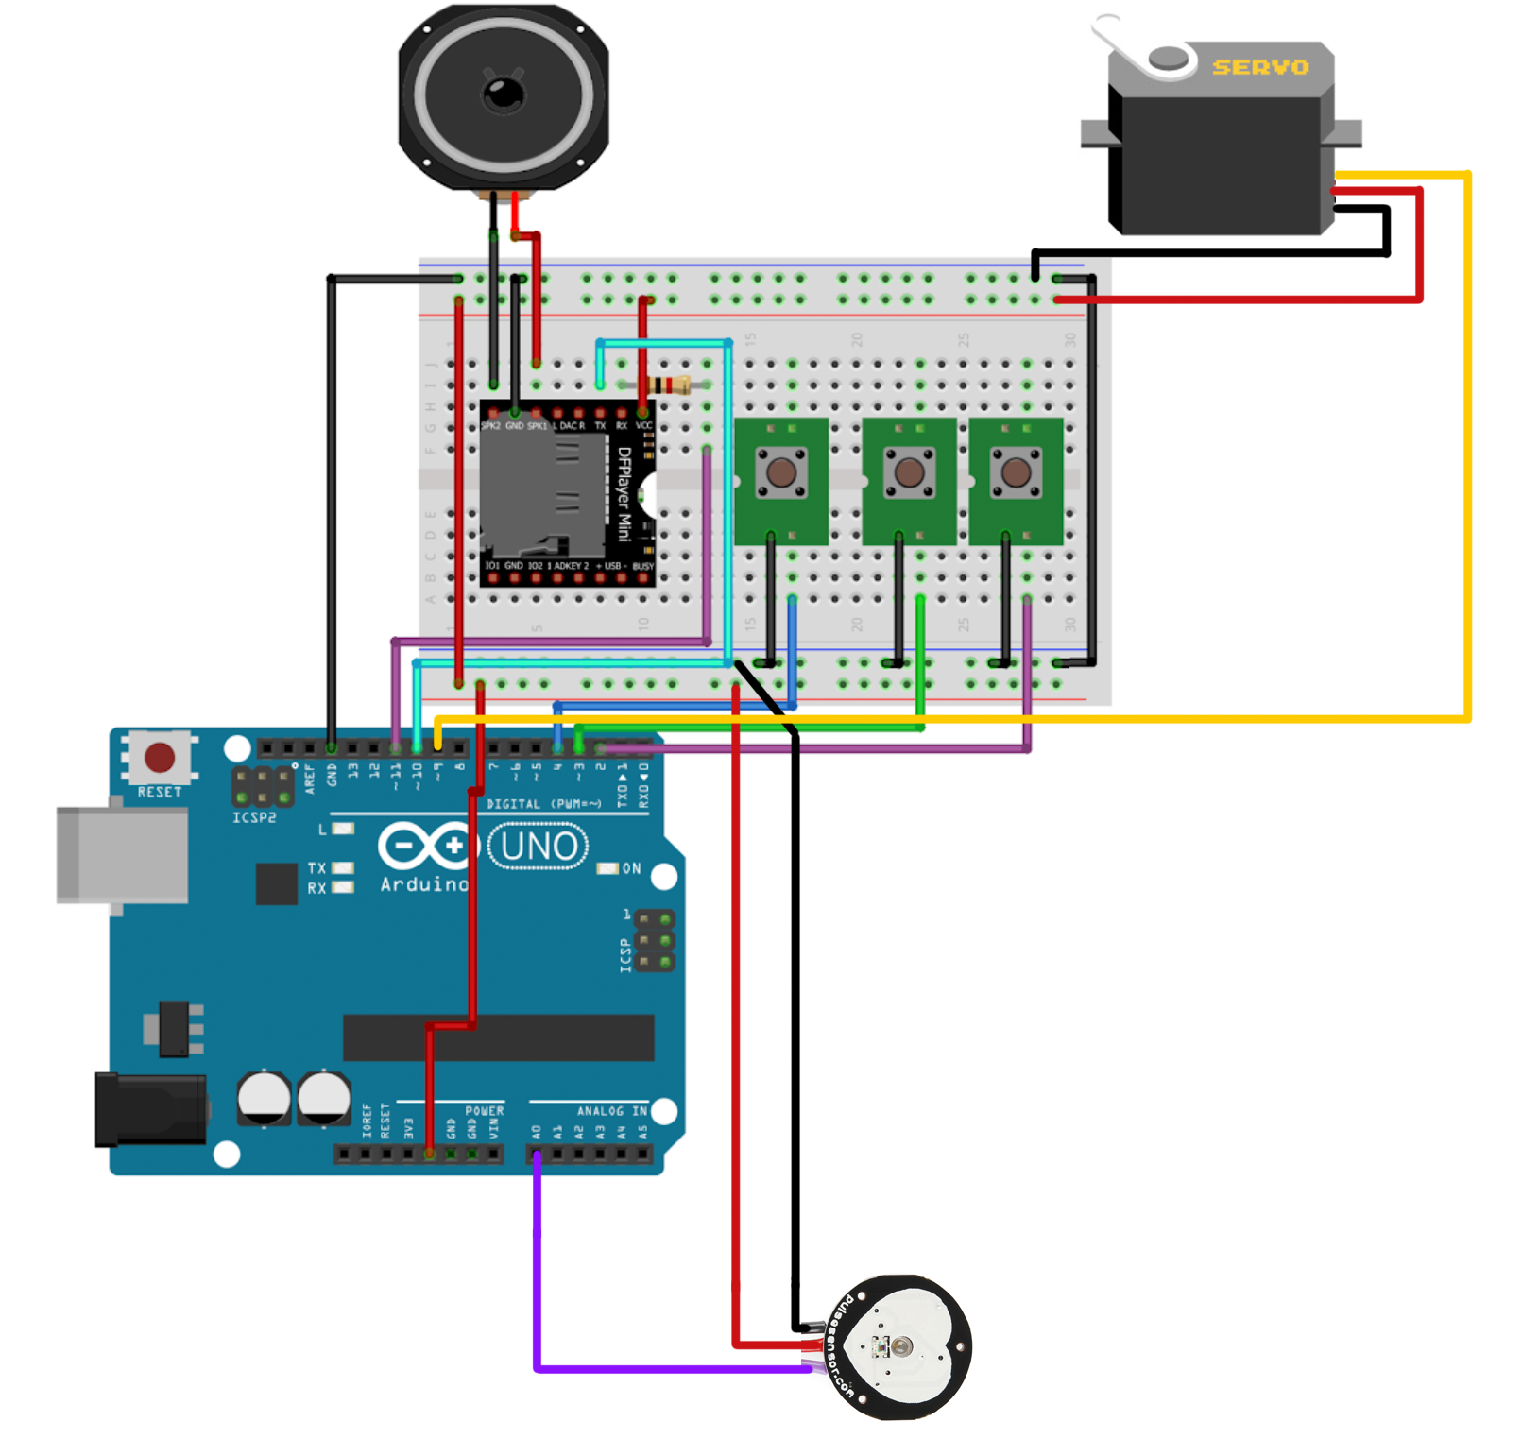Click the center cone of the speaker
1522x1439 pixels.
point(503,94)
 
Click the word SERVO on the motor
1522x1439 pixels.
point(1259,67)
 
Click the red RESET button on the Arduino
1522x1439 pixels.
point(160,757)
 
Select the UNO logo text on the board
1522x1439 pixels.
point(538,846)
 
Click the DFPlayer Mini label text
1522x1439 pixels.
point(624,494)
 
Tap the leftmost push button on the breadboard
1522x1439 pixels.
point(781,471)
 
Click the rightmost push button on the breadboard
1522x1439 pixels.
point(1016,471)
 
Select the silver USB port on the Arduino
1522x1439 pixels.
point(122,855)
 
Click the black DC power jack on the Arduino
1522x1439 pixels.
point(151,1110)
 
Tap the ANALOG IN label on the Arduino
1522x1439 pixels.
point(612,1111)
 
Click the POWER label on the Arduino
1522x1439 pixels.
point(484,1111)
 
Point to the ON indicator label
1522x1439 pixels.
point(631,868)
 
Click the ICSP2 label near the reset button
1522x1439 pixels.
point(254,817)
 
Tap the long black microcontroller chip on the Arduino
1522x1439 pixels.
point(499,1037)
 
